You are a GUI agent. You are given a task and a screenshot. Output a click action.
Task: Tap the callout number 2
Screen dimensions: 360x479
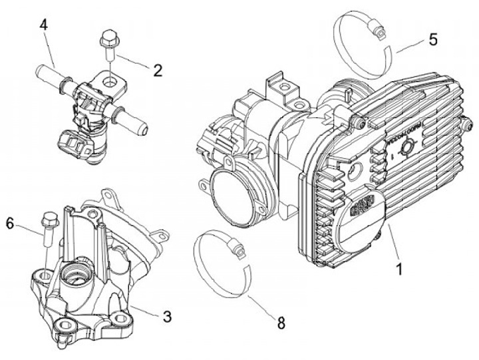coord(157,69)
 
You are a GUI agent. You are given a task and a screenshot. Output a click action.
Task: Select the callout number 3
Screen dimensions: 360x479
coord(167,315)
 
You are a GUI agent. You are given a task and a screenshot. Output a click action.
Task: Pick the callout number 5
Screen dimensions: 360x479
coord(432,39)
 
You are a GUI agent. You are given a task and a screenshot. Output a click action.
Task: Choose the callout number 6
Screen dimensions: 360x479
coord(10,224)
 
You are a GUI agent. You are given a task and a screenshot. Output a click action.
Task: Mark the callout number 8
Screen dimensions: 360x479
coord(281,323)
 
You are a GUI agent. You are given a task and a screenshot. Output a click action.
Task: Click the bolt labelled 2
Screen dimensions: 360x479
coord(108,42)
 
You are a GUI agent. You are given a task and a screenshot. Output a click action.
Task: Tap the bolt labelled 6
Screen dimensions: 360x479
coord(48,230)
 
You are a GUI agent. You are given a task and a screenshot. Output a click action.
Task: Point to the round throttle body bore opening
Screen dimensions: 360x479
coord(234,193)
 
